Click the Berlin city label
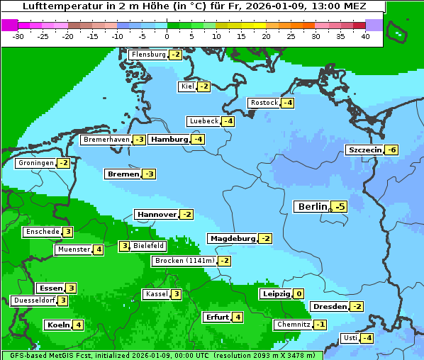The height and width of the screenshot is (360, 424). point(311,207)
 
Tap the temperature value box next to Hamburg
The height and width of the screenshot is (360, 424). point(199,140)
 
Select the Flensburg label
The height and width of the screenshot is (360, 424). point(148,55)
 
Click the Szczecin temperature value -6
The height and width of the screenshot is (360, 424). point(391,150)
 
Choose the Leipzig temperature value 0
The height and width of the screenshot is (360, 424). point(299,294)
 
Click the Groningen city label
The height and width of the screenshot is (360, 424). point(36,163)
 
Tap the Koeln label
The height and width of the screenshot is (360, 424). point(58,325)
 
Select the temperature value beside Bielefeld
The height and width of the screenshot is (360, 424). point(124,247)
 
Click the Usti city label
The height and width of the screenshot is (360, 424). point(350,338)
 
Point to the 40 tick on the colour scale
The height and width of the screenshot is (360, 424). point(365,36)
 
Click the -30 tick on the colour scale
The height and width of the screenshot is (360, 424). point(18,36)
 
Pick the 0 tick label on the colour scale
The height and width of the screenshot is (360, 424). point(167,36)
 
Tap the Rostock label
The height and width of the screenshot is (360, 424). point(264,103)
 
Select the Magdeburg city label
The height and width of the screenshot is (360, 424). point(233,239)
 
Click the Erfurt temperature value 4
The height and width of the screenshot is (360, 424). point(238,317)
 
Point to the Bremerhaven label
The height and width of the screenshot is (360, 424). point(106,140)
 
